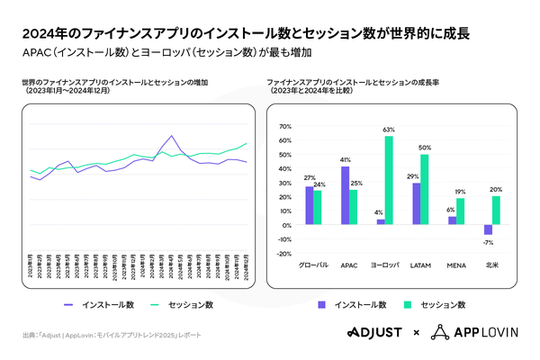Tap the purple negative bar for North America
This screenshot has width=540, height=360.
point(488,229)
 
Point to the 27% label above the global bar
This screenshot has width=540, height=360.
point(309,178)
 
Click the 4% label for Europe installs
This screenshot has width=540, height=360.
point(379,212)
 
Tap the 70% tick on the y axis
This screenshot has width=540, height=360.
point(286,126)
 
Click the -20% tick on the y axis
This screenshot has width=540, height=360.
point(285,254)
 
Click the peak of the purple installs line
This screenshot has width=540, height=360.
point(171,136)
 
